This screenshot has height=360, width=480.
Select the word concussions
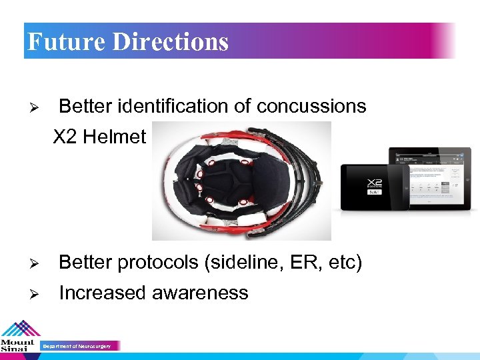311,106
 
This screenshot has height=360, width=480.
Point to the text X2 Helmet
99,137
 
